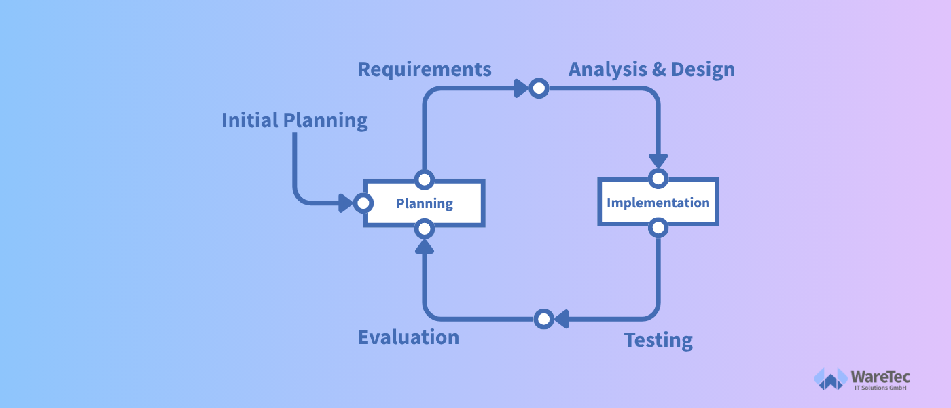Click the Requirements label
tap(425, 69)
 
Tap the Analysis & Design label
tap(651, 69)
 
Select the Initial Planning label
tap(295, 121)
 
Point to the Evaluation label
tap(408, 337)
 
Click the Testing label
tap(658, 341)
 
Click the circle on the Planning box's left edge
tap(363, 203)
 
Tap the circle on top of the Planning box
tap(424, 180)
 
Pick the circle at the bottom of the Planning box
tap(424, 229)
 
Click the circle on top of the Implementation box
tap(658, 178)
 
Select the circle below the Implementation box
tap(658, 228)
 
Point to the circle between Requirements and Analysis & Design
tap(539, 88)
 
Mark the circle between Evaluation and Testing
tap(543, 319)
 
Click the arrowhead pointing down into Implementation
tap(658, 160)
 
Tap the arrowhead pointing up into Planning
tap(424, 246)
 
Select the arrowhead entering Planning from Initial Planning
tap(345, 203)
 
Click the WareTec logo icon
tap(830, 379)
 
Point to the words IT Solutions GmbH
tap(880, 388)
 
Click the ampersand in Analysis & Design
tap(659, 69)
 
